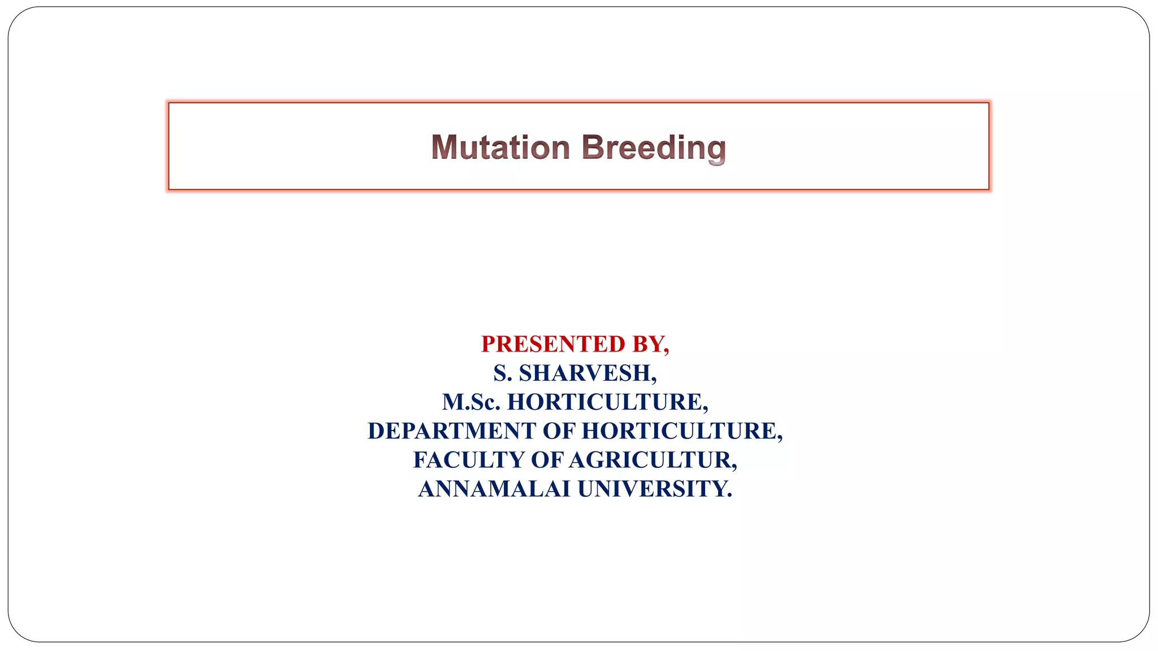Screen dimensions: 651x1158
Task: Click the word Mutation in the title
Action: [x=500, y=147]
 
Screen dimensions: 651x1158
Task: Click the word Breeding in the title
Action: [x=653, y=147]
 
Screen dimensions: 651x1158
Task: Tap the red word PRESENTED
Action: [x=553, y=344]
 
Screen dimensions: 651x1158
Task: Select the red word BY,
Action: [x=651, y=344]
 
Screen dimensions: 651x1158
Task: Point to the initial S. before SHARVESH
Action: [x=502, y=373]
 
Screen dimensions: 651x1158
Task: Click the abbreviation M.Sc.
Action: [x=471, y=402]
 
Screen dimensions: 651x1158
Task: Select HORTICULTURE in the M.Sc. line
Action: [x=607, y=402]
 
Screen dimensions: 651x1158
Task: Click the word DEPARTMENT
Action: [x=452, y=431]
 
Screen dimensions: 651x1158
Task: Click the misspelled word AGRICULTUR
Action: [x=652, y=460]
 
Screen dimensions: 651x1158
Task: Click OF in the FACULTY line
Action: [x=547, y=460]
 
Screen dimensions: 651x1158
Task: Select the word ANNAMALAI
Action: [x=494, y=489]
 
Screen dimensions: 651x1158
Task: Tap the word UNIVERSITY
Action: [x=651, y=489]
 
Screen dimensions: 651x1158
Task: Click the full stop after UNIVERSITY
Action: [x=729, y=496]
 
